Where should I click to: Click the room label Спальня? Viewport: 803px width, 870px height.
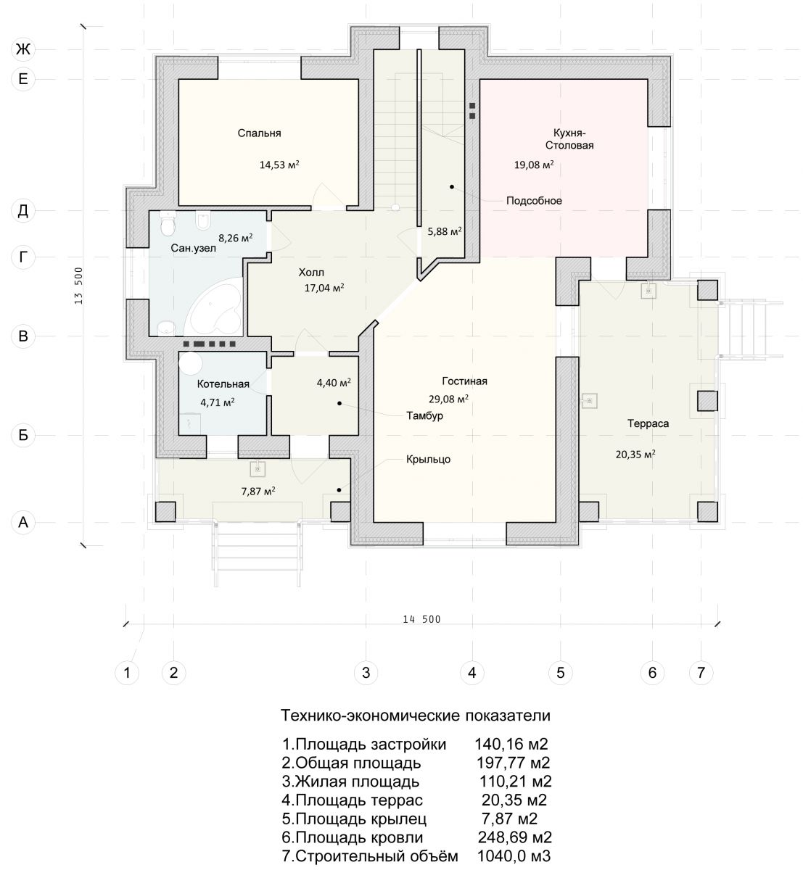tap(259, 133)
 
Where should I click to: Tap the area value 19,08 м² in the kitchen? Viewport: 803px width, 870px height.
tap(533, 165)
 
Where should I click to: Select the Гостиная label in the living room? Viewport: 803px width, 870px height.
tap(464, 381)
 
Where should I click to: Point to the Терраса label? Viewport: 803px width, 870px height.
tap(647, 423)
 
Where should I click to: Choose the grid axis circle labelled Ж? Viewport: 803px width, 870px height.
tap(22, 49)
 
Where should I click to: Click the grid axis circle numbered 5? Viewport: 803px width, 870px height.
tap(560, 672)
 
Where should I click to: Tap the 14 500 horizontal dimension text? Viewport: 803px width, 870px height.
tap(421, 619)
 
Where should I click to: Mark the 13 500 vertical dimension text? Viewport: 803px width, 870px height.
tap(78, 286)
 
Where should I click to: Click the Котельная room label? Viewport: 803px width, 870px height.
tap(223, 384)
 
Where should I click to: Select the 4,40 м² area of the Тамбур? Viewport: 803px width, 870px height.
tap(334, 383)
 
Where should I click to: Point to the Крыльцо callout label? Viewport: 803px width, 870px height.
tap(428, 460)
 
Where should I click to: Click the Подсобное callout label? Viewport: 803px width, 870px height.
tap(534, 201)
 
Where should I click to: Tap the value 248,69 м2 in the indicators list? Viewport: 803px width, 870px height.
tap(514, 837)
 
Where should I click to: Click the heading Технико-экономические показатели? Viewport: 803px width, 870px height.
tap(415, 716)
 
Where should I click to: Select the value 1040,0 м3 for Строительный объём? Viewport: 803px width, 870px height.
tap(514, 855)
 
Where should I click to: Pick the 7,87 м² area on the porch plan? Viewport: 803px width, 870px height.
tap(258, 491)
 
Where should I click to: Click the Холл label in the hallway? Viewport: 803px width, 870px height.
tap(311, 273)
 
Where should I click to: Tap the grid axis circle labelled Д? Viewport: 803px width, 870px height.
tap(22, 210)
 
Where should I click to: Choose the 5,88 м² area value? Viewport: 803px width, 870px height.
tap(445, 231)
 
